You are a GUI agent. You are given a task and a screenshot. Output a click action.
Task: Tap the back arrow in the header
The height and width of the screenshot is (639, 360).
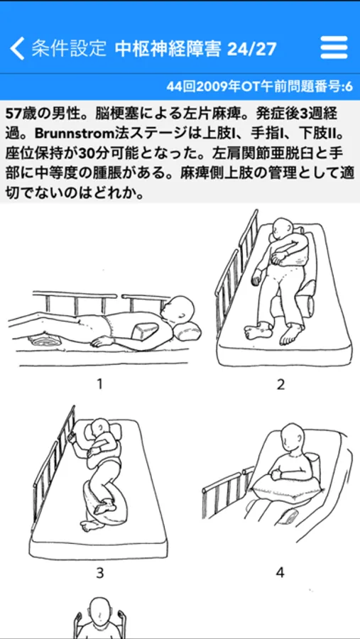click(x=17, y=48)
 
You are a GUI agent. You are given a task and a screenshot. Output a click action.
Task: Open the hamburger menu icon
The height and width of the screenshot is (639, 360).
click(x=334, y=48)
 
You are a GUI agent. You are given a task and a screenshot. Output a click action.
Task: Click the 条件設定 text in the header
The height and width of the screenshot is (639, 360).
click(x=69, y=48)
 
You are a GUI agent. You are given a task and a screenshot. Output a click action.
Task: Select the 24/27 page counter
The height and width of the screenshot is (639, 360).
click(x=251, y=49)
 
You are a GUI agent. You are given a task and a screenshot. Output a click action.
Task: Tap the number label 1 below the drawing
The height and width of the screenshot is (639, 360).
click(x=99, y=383)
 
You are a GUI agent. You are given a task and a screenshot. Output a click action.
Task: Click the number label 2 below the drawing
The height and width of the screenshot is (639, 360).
click(x=280, y=384)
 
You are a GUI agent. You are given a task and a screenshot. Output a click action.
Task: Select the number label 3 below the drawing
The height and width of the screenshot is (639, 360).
click(x=100, y=573)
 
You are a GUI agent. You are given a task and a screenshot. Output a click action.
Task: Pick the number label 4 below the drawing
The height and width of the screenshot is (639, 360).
click(x=280, y=572)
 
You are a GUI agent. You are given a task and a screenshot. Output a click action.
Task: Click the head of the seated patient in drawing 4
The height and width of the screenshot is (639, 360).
click(x=292, y=437)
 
